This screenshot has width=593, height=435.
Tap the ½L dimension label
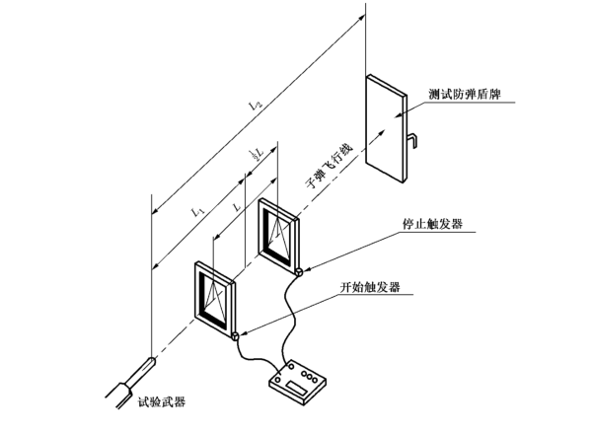coord(256,155)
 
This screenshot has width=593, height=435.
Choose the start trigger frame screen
coord(217,295)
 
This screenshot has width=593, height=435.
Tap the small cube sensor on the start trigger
coord(236,334)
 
